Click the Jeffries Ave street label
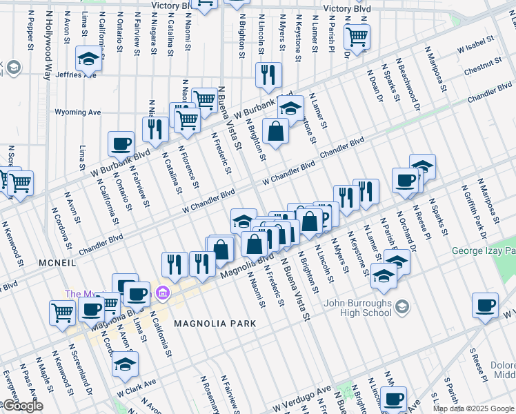click(x=75, y=75)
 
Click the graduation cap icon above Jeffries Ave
click(x=88, y=58)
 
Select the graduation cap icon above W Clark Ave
click(x=125, y=364)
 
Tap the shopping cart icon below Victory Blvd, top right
click(x=357, y=36)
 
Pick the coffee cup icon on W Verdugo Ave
click(x=394, y=399)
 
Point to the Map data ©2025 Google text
click(x=473, y=408)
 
